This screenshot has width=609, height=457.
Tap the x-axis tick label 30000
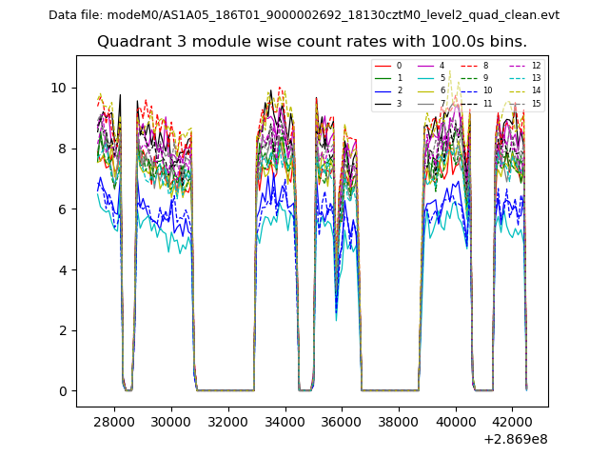pos(171,421)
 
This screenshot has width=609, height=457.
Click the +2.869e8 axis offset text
pos(516,439)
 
